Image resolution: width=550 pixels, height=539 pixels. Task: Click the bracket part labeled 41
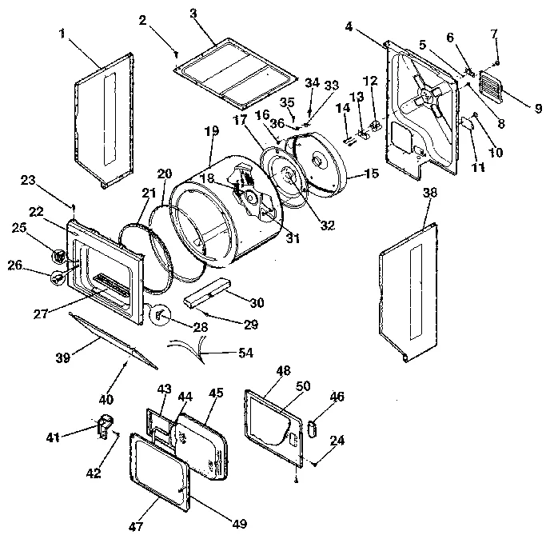pos(104,425)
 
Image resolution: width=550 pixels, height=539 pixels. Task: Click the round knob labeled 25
pos(58,257)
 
